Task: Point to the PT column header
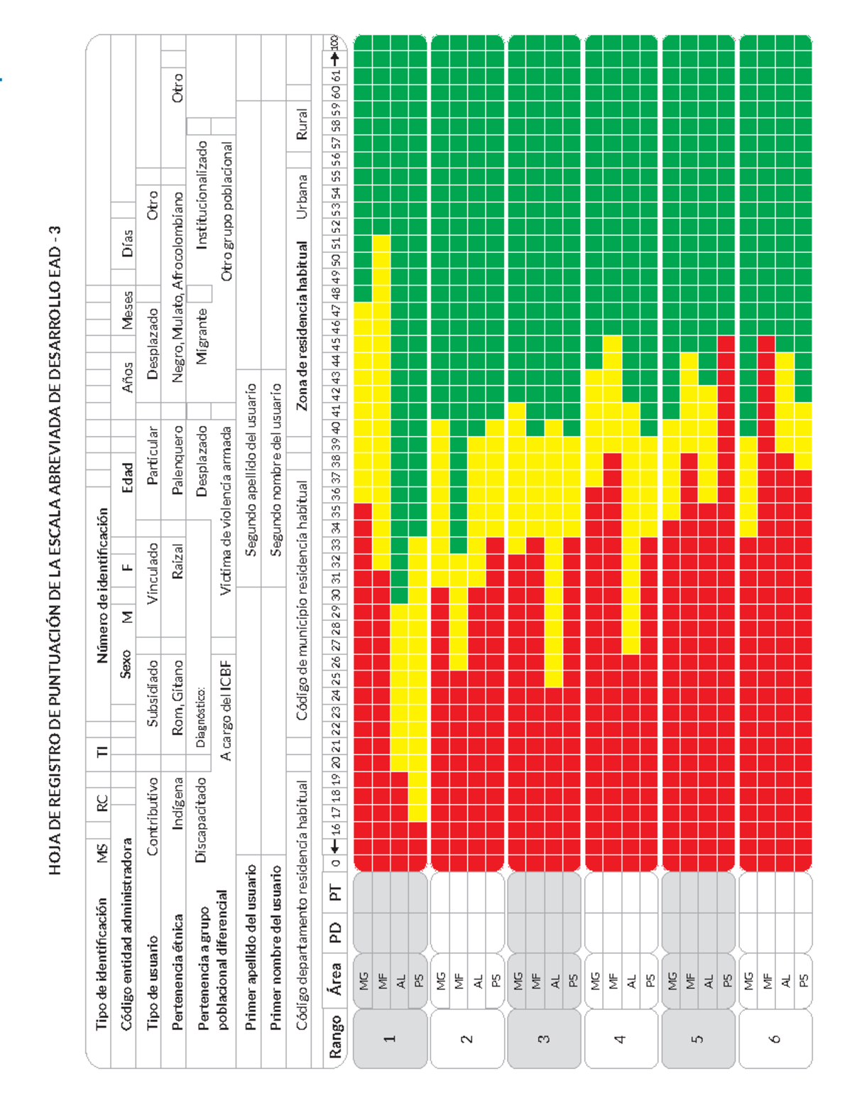334,892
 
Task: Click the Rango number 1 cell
389,1038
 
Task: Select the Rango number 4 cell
620,1038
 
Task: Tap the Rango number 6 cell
774,1038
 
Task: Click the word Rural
302,124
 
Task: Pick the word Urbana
302,197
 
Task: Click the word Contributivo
152,817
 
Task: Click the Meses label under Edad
127,310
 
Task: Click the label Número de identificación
103,585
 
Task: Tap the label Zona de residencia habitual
302,327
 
